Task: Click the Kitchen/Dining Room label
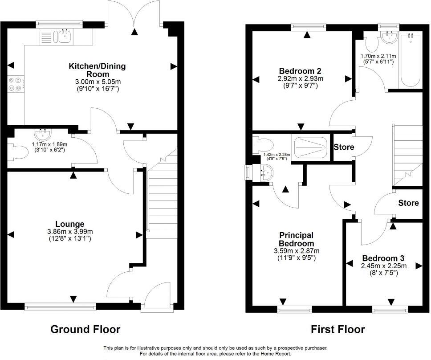[97, 70]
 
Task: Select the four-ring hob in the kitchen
[15, 85]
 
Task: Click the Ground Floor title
[85, 329]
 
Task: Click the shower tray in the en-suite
[310, 147]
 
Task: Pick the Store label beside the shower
[344, 147]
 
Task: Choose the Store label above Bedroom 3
[408, 203]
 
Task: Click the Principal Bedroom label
[297, 239]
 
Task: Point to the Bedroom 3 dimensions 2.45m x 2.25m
[383, 266]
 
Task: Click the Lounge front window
[60, 306]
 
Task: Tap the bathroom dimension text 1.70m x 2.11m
[378, 56]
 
